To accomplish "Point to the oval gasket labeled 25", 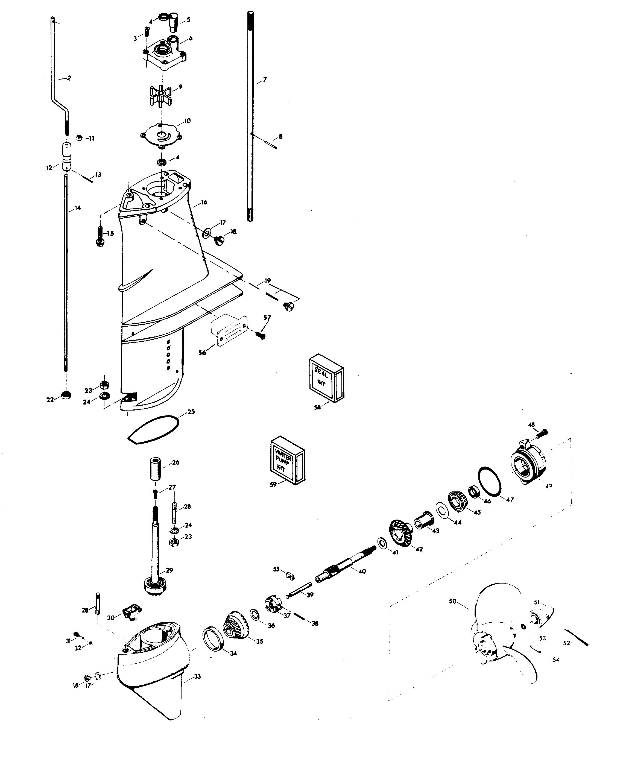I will point(154,430).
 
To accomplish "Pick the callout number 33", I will point(197,676).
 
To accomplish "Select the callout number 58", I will point(317,408).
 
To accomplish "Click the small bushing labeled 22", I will point(66,395).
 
